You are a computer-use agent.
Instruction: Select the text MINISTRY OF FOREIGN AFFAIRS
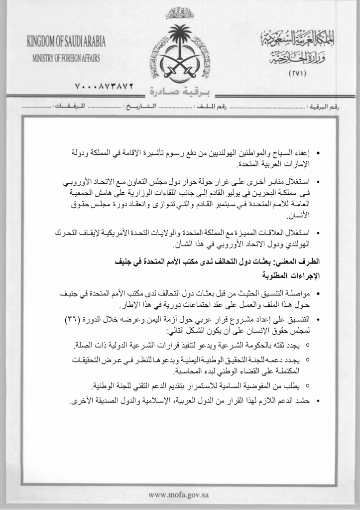coord(66,59)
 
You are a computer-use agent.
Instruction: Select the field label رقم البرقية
coord(325,107)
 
